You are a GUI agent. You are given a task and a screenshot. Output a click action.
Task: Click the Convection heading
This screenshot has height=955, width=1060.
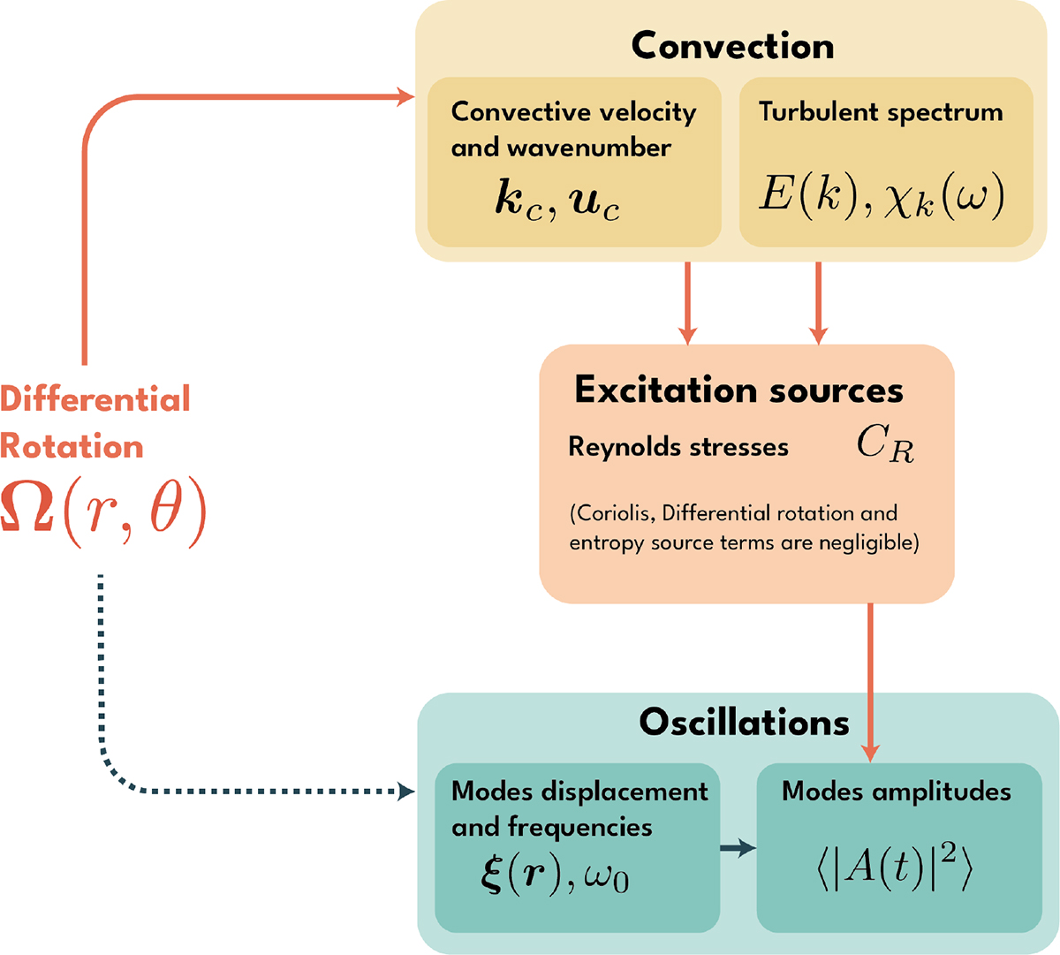click(x=732, y=46)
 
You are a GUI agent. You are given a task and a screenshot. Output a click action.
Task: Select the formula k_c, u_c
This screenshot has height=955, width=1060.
click(x=557, y=202)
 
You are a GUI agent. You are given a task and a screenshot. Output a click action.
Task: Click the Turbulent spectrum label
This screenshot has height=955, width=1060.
click(x=880, y=112)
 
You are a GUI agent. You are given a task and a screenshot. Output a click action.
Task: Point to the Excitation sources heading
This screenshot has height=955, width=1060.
click(x=738, y=390)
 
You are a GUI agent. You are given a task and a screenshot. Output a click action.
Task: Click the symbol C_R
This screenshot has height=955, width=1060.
click(x=885, y=444)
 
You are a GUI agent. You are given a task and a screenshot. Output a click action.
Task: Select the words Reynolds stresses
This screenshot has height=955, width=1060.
click(x=678, y=447)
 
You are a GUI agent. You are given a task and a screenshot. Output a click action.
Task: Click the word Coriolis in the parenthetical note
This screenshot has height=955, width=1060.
click(x=612, y=513)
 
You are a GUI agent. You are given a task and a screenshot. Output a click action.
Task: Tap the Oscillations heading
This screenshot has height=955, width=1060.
click(x=744, y=722)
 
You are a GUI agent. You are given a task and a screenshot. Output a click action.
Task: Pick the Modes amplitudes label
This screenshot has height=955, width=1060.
click(x=896, y=791)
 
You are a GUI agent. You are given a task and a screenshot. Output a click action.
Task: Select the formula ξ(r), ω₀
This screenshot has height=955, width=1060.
click(x=556, y=876)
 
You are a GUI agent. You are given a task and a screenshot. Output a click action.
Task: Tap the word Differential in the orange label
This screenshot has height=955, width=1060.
click(x=95, y=399)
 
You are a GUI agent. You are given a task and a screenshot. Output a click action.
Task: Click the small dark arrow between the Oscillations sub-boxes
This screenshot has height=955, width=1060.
click(x=738, y=849)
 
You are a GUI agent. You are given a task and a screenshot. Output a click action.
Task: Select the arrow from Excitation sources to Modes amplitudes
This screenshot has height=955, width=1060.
click(x=870, y=680)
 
